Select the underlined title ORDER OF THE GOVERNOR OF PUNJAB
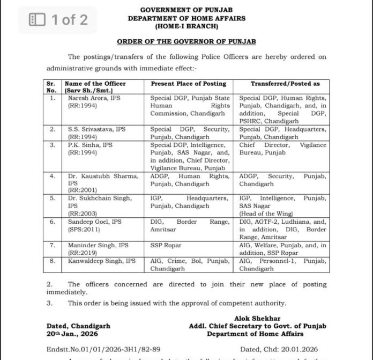click(186, 41)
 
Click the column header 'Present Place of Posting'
click(188, 84)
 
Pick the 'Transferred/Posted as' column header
click(285, 84)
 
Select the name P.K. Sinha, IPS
click(86, 145)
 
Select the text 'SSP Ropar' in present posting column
click(166, 245)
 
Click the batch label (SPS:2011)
click(82, 229)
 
